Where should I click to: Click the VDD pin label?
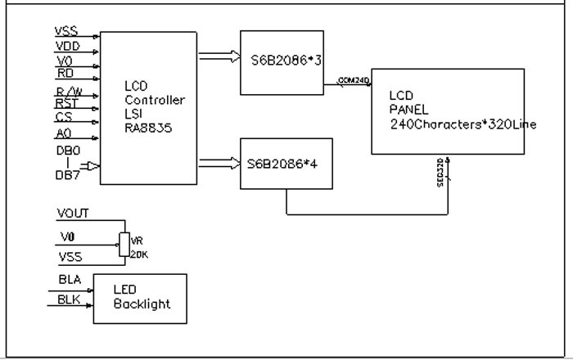click(67, 46)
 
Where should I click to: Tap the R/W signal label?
click(69, 91)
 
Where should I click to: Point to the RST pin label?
click(67, 104)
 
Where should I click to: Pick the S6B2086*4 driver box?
click(286, 163)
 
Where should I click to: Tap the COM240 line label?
click(354, 80)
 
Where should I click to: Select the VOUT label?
click(74, 214)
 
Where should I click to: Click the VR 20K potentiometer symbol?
click(125, 243)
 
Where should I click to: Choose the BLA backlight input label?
click(69, 281)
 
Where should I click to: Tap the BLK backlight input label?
click(69, 300)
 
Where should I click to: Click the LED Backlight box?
click(140, 298)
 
